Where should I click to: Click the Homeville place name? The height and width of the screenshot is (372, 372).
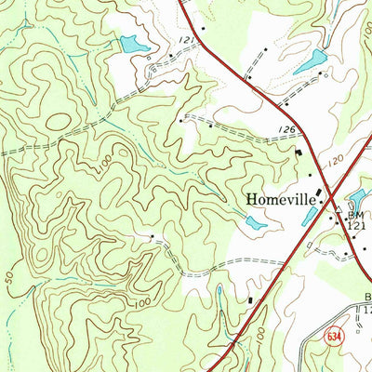pyautogui.click(x=283, y=198)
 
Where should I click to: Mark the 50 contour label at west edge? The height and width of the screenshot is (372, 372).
pyautogui.click(x=11, y=277)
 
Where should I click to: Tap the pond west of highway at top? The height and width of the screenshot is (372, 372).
pyautogui.click(x=135, y=43)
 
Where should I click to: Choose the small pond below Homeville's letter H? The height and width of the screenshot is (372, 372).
pyautogui.click(x=253, y=222)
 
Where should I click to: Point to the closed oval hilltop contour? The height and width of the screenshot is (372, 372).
pyautogui.click(x=56, y=121)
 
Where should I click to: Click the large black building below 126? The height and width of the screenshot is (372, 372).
pyautogui.click(x=299, y=152)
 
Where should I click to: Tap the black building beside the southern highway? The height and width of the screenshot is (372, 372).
pyautogui.click(x=249, y=299)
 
